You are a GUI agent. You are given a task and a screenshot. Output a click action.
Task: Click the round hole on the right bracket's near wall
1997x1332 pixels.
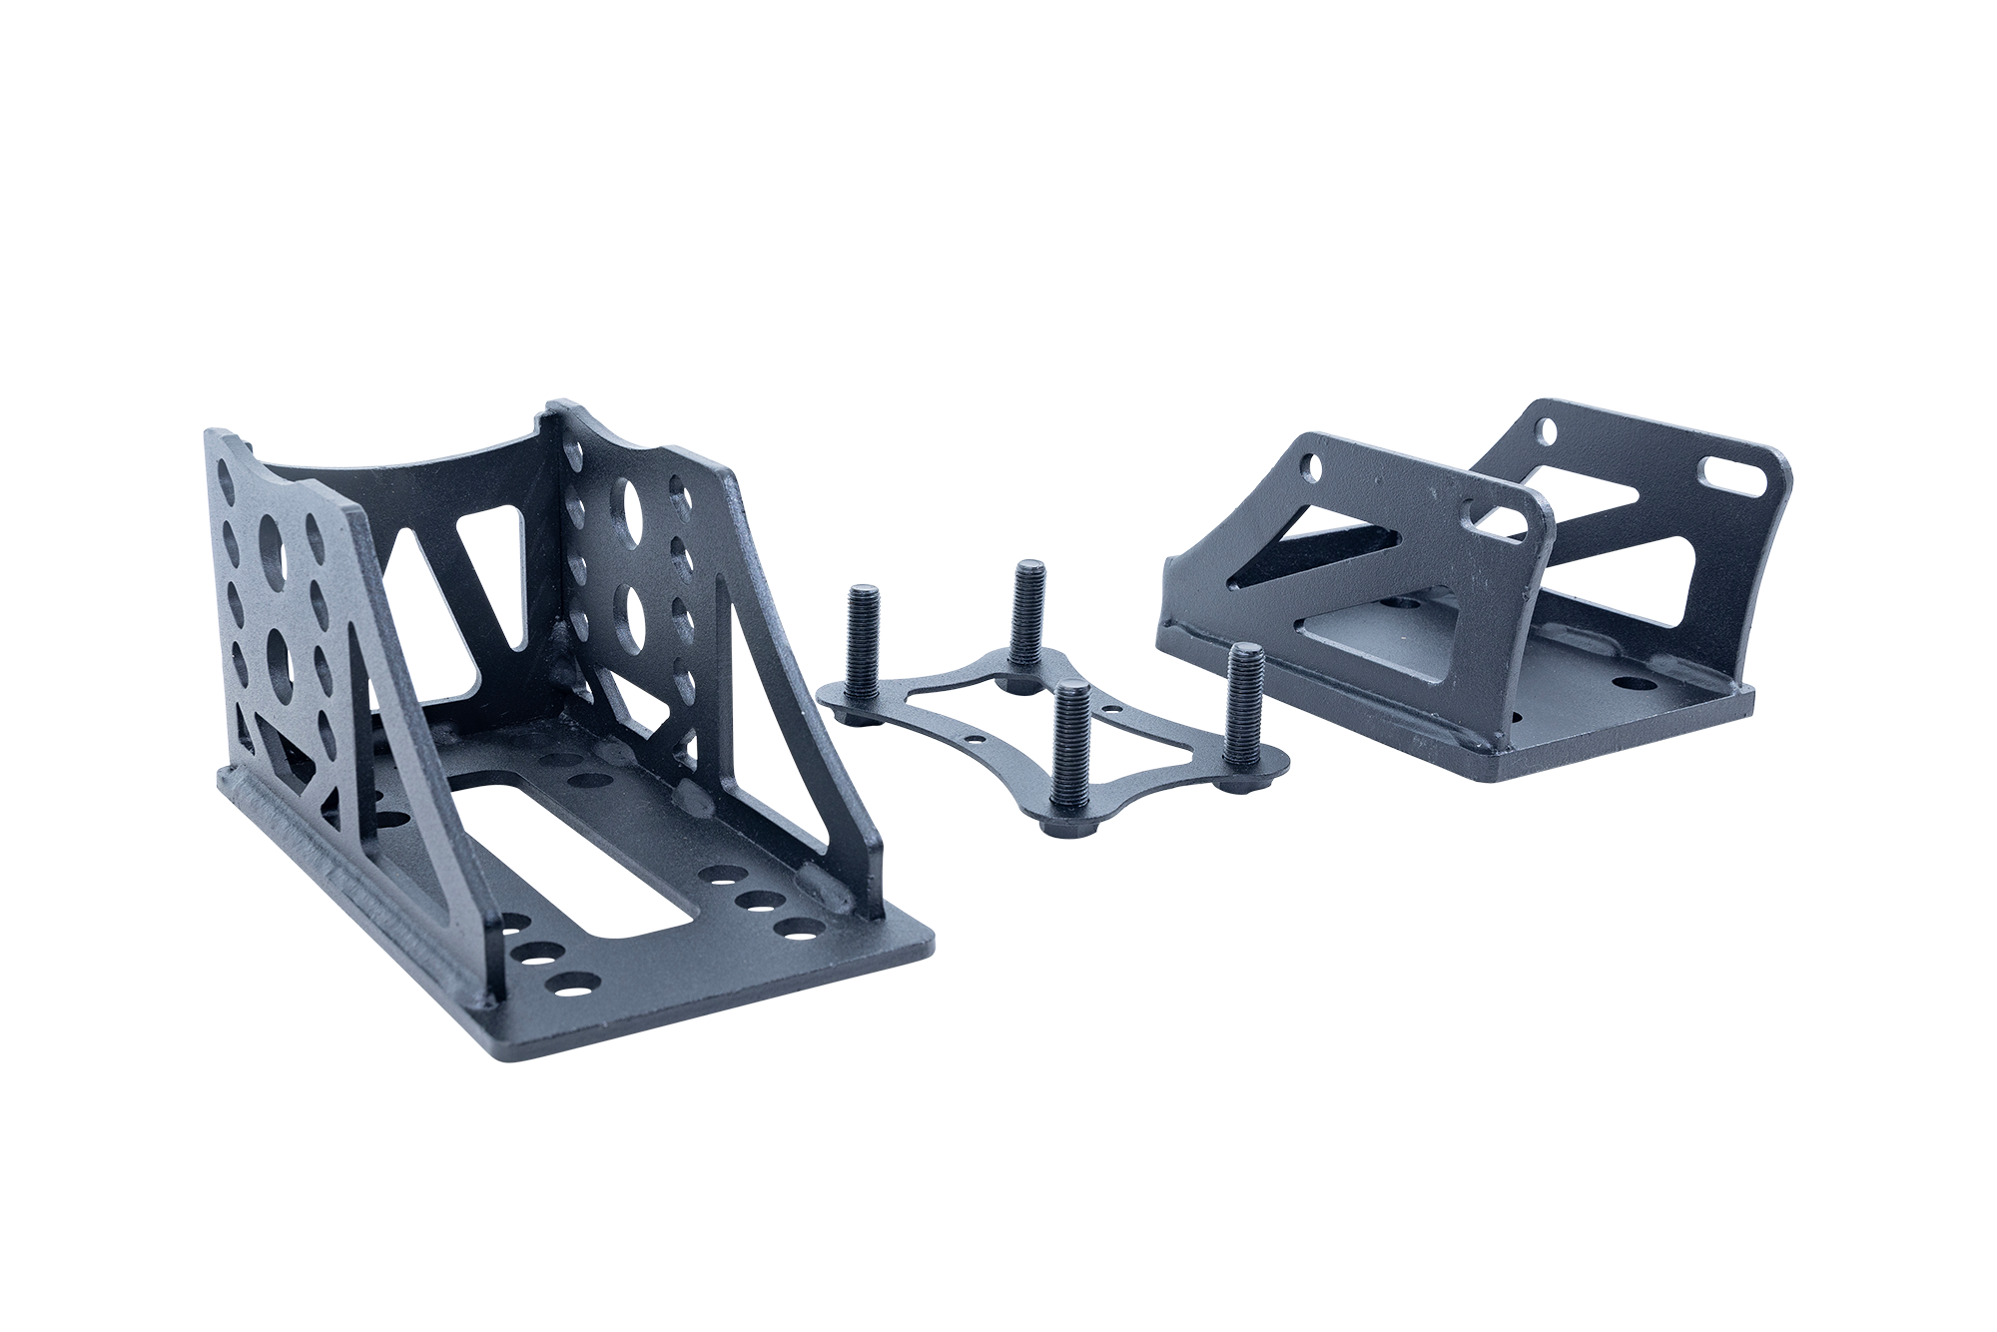(x=1311, y=465)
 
